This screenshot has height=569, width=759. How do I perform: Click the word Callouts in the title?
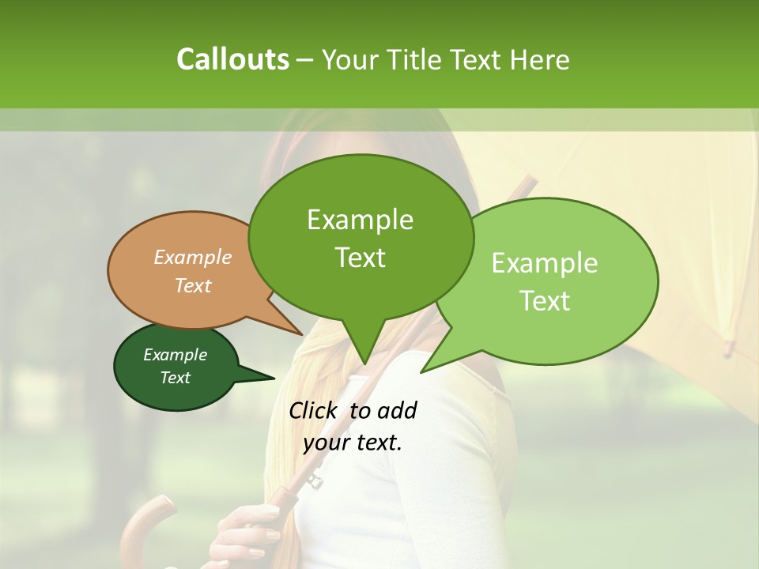[232, 59]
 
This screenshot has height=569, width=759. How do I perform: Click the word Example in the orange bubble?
[193, 258]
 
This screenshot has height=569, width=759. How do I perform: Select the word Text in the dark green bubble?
[176, 378]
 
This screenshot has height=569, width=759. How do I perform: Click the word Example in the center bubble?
[361, 220]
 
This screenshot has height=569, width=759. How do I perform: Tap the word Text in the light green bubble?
[546, 301]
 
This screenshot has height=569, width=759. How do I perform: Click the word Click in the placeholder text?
[315, 410]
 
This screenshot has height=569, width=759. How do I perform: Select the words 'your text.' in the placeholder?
[353, 443]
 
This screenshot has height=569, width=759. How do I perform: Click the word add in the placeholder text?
[396, 410]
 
